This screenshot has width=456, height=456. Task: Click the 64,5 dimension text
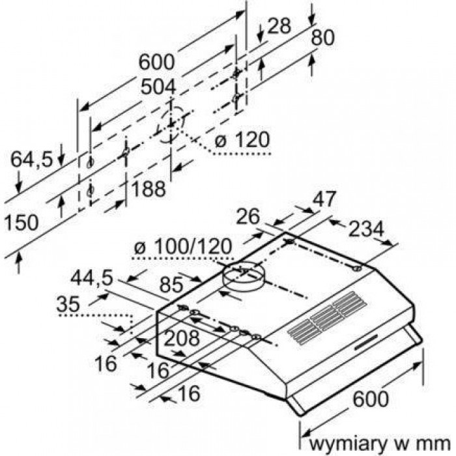click(32, 158)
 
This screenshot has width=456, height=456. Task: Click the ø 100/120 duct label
click(182, 248)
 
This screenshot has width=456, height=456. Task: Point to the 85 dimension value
click(170, 285)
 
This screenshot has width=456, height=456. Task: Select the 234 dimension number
click(367, 229)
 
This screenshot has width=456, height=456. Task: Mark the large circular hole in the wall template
click(171, 123)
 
